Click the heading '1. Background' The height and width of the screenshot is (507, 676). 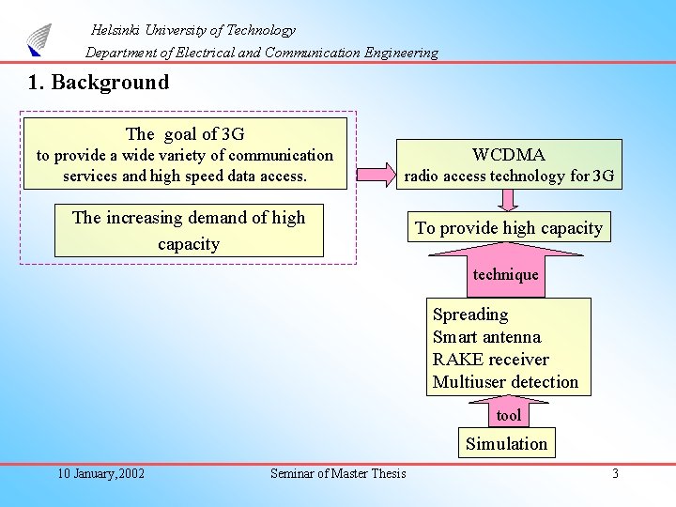click(99, 83)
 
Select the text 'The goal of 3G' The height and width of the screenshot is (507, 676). click(185, 133)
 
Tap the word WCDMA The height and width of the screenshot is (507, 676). click(508, 154)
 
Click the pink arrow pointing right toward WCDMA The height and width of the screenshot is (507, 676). click(377, 172)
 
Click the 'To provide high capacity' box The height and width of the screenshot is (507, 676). click(509, 228)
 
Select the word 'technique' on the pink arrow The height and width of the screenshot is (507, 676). click(506, 275)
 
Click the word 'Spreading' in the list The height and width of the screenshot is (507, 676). click(470, 315)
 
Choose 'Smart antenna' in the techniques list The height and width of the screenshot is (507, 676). click(486, 337)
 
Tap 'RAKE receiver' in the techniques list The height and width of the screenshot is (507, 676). click(490, 360)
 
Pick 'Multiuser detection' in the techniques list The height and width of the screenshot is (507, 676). click(505, 382)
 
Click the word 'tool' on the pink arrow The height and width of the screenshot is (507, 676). click(508, 415)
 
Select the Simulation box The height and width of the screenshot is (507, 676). click(506, 443)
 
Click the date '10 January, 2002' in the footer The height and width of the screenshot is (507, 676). click(100, 473)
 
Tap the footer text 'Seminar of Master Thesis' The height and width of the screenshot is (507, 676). click(338, 473)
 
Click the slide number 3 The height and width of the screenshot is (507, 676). click(615, 473)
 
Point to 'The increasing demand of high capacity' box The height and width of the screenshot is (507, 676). click(189, 230)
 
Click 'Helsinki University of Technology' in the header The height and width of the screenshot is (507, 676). click(193, 30)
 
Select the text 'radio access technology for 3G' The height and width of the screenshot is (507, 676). click(509, 176)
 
